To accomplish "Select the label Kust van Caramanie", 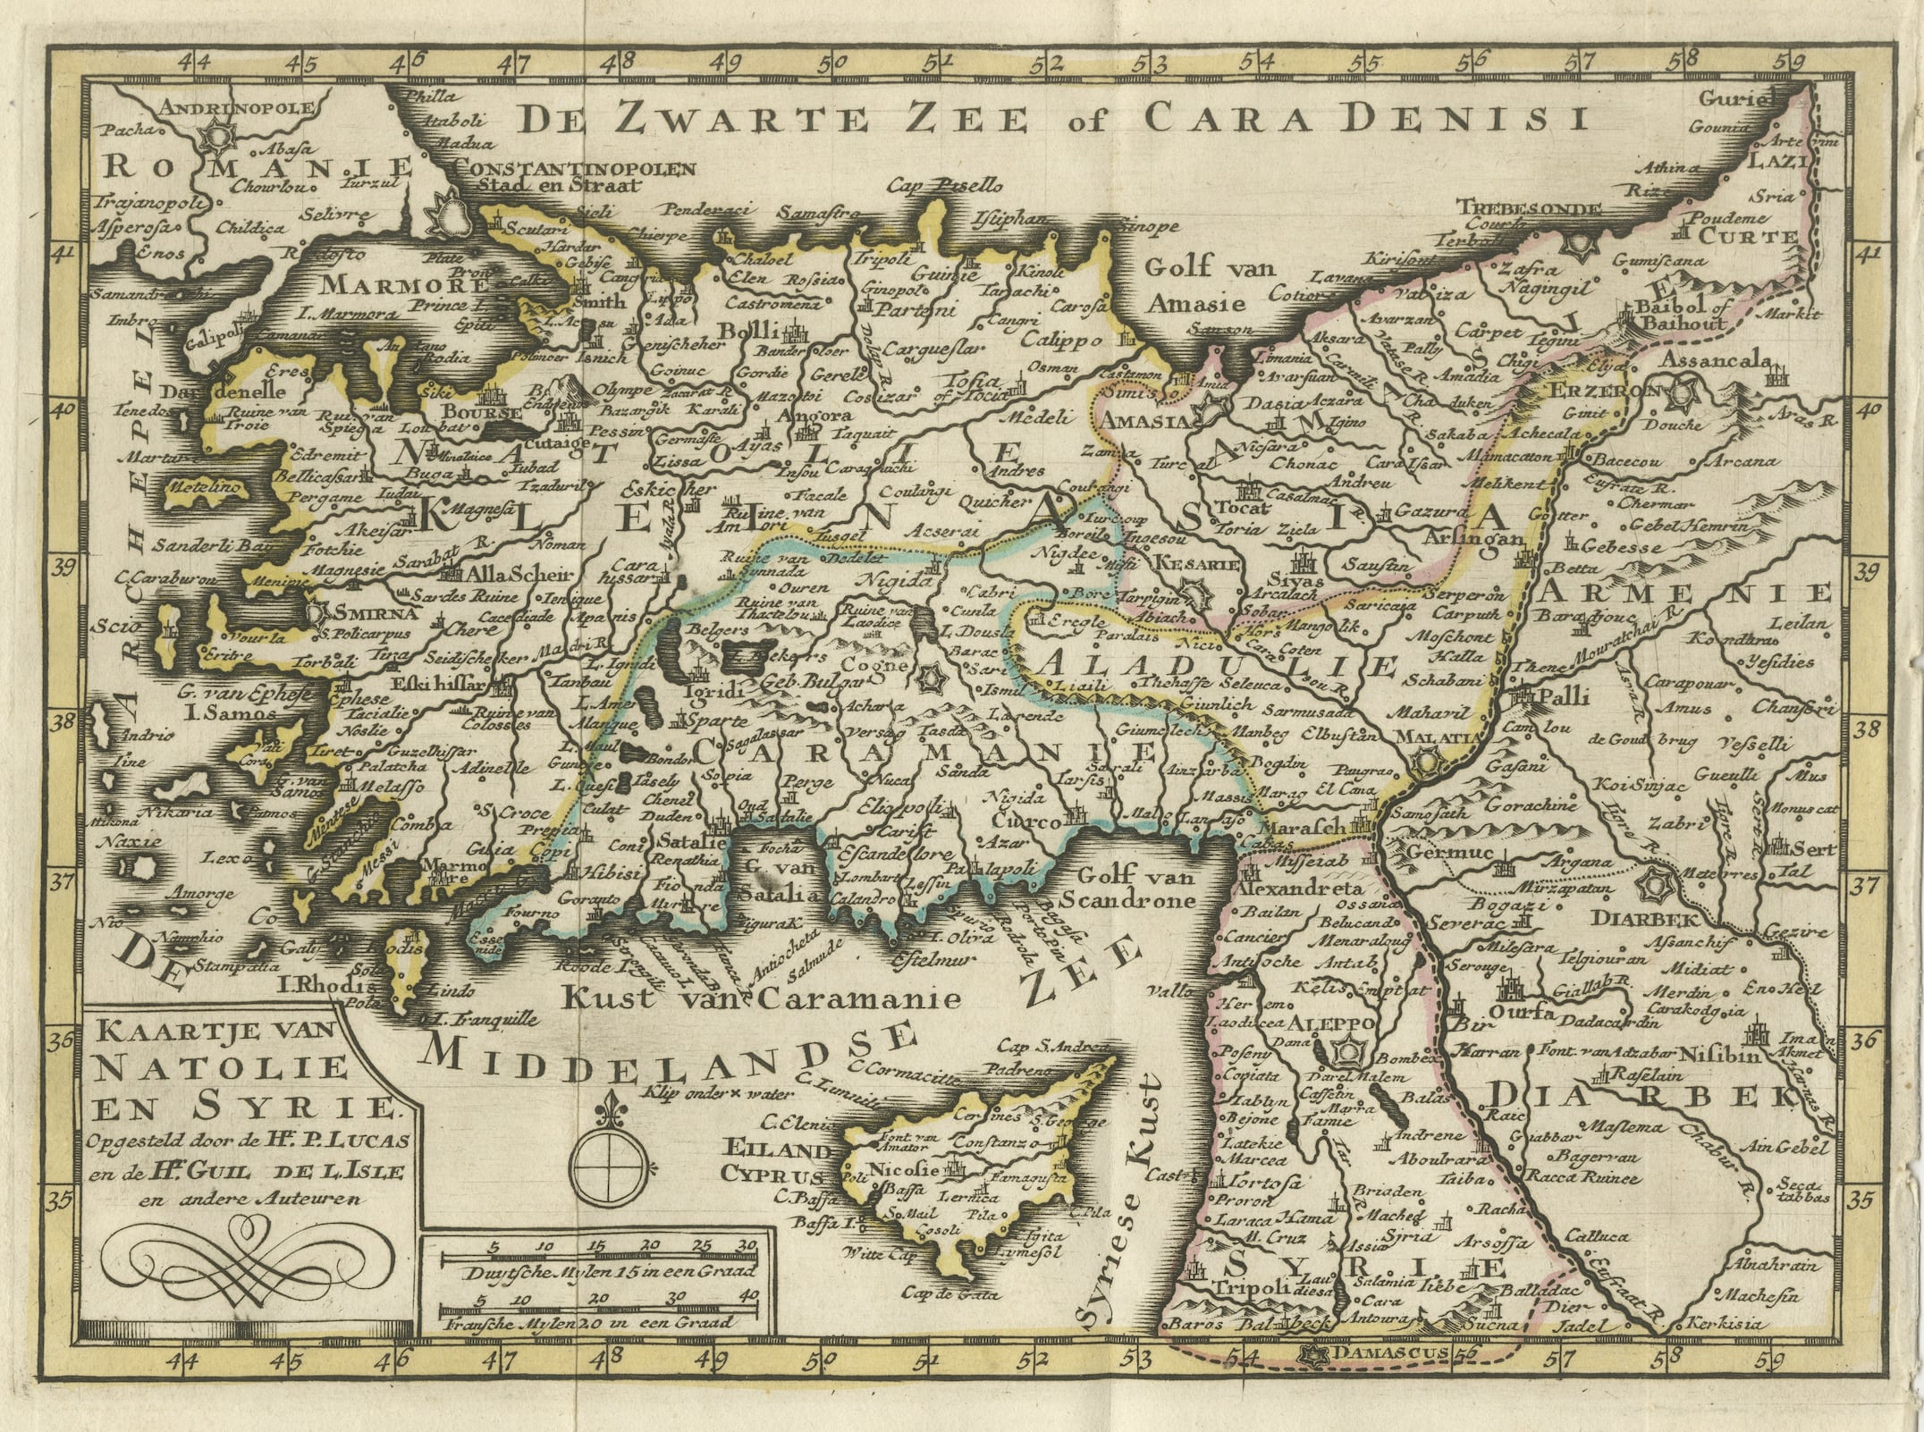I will click(759, 998).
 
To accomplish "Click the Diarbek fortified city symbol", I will click(1658, 889).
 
